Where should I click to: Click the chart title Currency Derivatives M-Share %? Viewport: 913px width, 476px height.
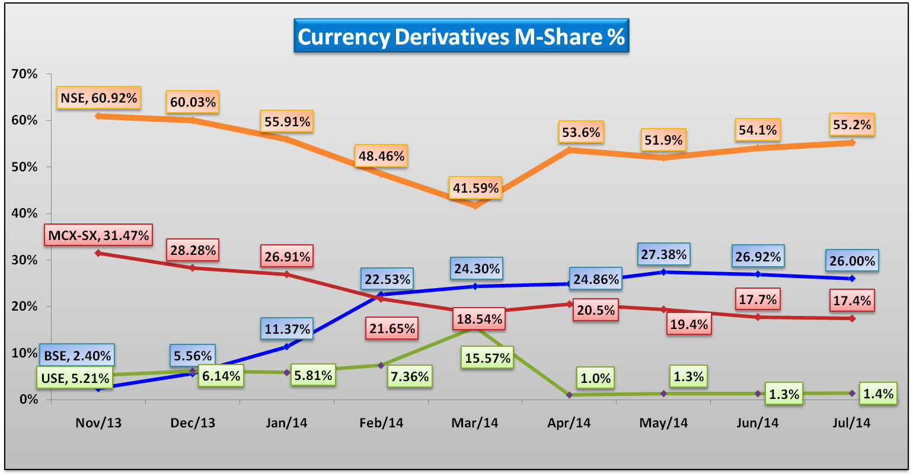(461, 36)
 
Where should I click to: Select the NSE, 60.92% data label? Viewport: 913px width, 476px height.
(98, 98)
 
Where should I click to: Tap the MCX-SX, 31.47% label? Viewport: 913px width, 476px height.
(98, 235)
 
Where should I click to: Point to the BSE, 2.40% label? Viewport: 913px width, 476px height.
(77, 356)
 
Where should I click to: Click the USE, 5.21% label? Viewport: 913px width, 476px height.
(75, 378)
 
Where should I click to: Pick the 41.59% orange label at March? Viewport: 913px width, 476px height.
(475, 188)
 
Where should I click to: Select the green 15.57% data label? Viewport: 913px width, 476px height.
(487, 358)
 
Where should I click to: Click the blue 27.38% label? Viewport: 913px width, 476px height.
(663, 254)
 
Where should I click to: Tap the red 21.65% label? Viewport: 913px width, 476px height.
(392, 328)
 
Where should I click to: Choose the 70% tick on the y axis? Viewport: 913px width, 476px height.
(24, 74)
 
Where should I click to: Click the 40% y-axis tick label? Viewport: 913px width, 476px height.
(24, 213)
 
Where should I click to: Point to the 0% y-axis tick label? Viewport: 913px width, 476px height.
(28, 399)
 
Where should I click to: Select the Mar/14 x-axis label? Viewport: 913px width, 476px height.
(475, 423)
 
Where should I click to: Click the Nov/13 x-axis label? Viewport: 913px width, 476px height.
(98, 423)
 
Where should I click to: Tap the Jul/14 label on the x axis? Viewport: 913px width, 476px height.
(851, 423)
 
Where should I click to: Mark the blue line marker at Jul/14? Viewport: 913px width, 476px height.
(852, 279)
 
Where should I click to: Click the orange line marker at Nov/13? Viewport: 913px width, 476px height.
(98, 116)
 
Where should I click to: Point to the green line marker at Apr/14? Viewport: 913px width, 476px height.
(569, 395)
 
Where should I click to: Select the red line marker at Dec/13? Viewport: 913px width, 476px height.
(193, 268)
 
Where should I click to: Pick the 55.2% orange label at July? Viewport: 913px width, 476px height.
(852, 124)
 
